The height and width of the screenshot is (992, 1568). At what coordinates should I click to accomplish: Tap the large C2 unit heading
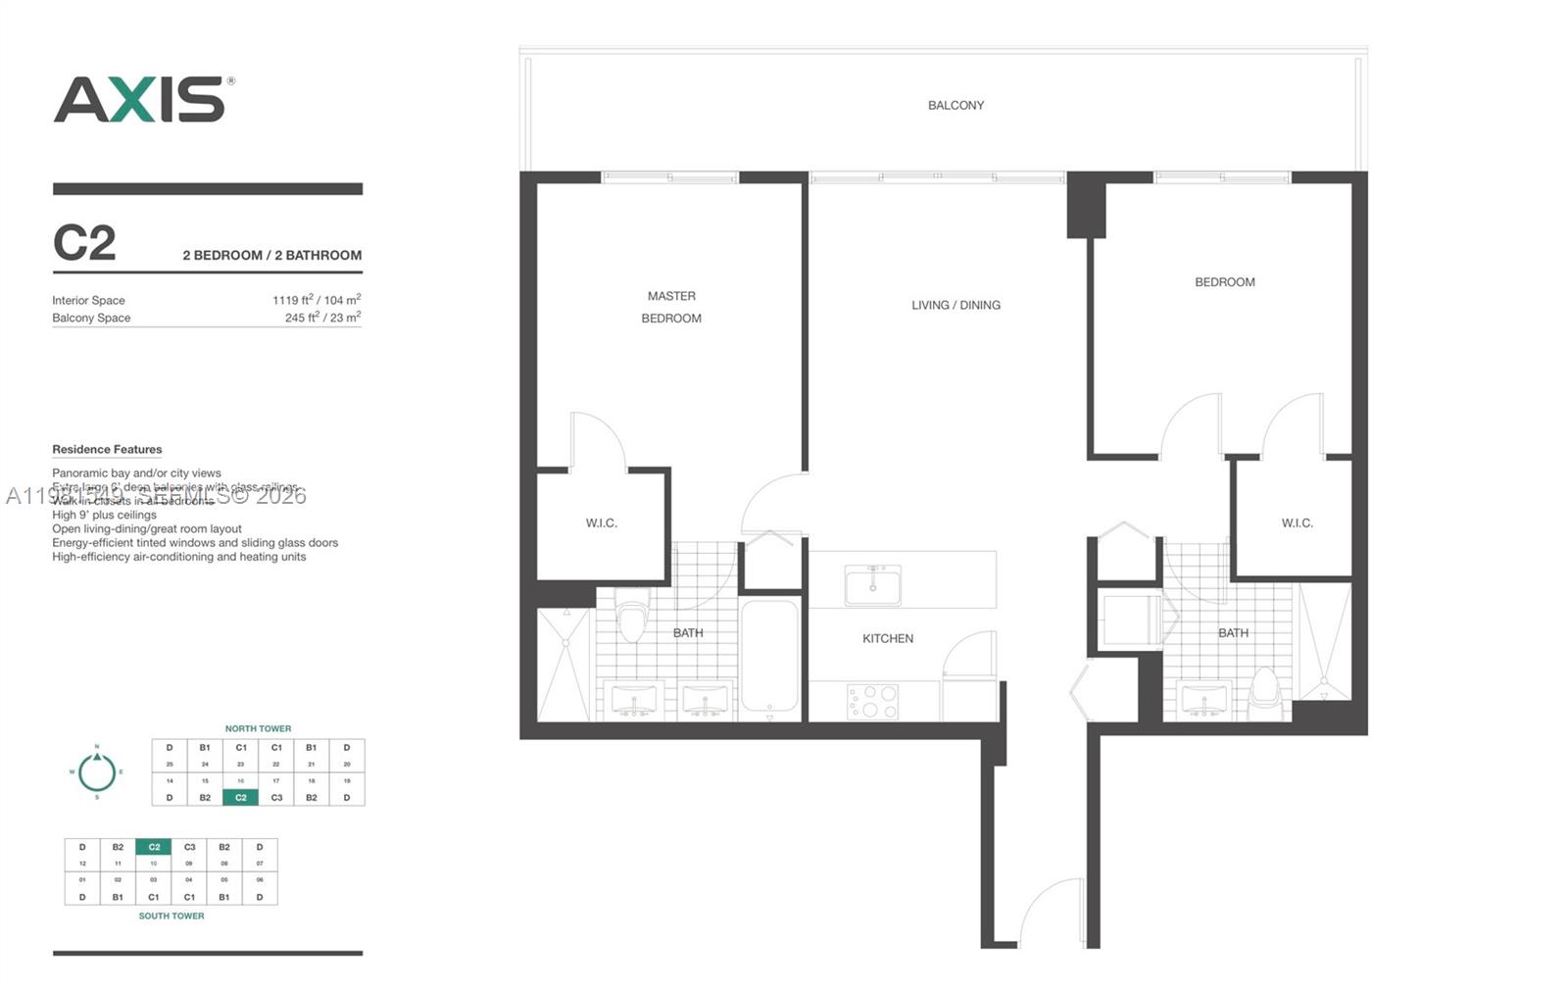coord(84,243)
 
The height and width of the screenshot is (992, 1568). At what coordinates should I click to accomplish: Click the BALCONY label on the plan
coord(955,105)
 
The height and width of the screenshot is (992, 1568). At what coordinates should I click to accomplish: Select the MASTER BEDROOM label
coord(671,307)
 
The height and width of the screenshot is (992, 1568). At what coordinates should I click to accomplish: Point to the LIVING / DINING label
coord(955,305)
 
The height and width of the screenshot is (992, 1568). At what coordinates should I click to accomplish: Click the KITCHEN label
coord(888,638)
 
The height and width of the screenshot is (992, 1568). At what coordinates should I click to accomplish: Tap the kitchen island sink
coord(872,585)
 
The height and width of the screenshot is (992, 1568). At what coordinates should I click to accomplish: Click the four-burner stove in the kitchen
coord(872,701)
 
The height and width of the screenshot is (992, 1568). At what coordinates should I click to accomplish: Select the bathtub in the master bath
coord(769,655)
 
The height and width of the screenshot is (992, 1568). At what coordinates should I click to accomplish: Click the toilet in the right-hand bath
coord(1265,691)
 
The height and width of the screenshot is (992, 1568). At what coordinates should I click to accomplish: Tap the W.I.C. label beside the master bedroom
coord(602,522)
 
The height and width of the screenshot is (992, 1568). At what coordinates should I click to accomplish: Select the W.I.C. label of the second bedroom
coord(1297,522)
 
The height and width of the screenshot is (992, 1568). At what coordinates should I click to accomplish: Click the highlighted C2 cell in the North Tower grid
coord(241,797)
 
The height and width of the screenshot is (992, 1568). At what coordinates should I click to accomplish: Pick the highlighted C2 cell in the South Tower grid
coord(154,847)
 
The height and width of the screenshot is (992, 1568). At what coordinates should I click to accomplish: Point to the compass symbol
coord(97,771)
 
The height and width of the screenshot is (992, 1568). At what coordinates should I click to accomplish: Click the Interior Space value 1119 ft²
coord(317,300)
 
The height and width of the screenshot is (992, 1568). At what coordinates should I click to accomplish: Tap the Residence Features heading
coord(107,449)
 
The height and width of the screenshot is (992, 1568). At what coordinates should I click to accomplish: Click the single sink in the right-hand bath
coord(1203,700)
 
